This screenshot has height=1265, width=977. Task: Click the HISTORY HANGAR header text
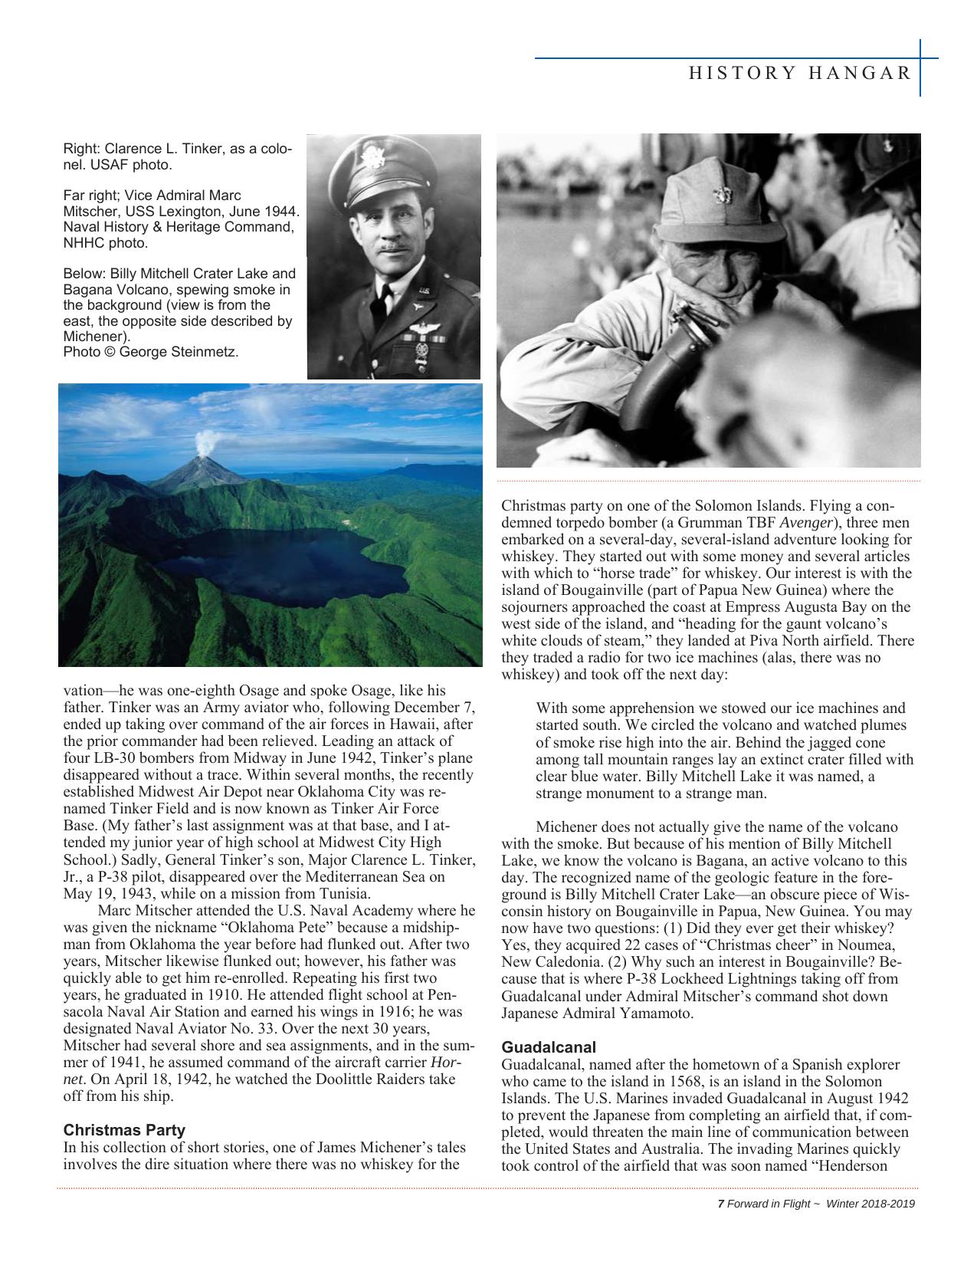[800, 73]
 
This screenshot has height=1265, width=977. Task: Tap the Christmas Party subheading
[124, 1130]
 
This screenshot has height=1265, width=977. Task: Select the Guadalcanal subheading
[549, 1047]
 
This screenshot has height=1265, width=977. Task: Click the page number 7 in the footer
[720, 1204]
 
